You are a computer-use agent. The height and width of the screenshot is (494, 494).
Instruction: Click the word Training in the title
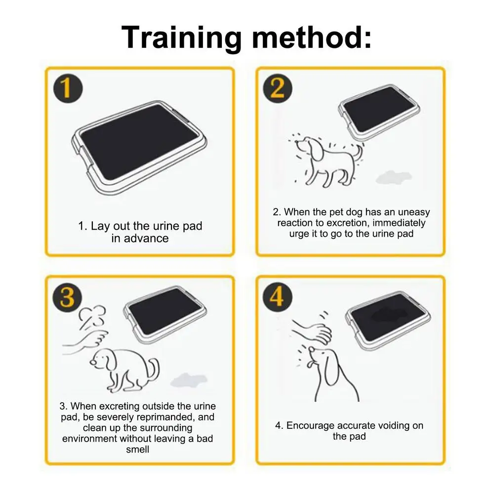coord(181,38)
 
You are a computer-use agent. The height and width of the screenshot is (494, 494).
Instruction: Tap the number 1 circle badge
coord(68,88)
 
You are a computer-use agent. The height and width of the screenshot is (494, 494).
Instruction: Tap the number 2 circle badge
coord(277,88)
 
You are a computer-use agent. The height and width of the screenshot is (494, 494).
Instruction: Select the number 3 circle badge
coord(67,297)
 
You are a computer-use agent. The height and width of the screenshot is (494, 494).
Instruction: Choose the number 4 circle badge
coord(277,297)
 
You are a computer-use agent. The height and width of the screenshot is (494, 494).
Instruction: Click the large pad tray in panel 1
coord(139,147)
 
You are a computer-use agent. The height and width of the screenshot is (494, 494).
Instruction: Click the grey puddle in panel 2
coord(394,177)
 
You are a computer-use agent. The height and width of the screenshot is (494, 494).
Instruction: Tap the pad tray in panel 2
coord(379,112)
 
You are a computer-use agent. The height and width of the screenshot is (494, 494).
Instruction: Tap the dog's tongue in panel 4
coord(310,365)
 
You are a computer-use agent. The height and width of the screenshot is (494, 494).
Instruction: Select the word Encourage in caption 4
coord(310,426)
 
